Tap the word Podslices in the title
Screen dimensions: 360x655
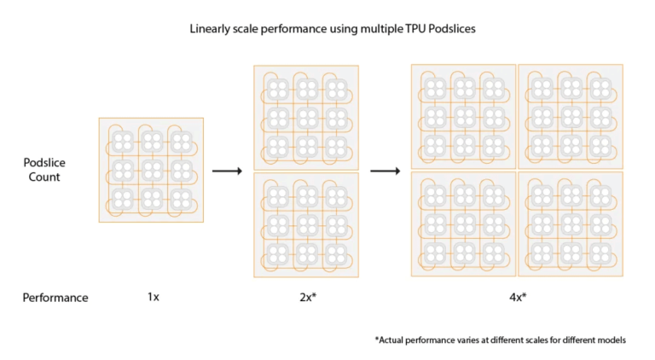pos(443,29)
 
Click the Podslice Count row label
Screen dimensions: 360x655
pos(44,170)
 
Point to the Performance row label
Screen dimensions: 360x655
pos(55,298)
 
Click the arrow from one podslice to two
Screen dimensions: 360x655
pos(227,171)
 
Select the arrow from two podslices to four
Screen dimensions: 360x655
pos(385,171)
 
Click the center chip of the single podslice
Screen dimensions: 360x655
pos(151,170)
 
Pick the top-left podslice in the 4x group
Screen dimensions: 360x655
pos(463,117)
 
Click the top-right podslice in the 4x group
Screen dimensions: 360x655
pos(570,117)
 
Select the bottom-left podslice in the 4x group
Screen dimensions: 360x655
pos(463,224)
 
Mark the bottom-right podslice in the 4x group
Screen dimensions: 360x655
pos(570,224)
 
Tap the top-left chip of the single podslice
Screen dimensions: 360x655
pos(123,141)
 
